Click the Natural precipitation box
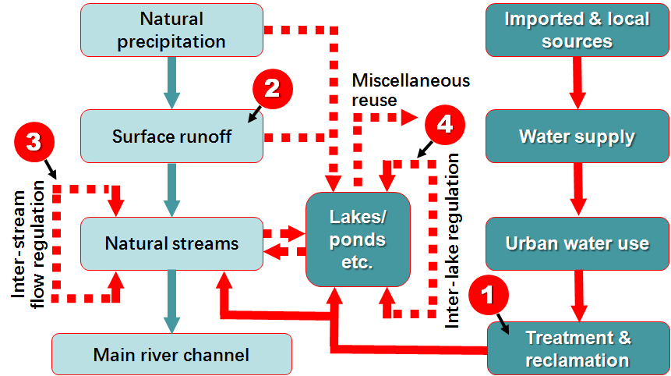tap(171, 30)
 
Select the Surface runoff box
tap(171, 137)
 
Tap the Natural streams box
tap(171, 243)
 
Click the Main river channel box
tap(171, 354)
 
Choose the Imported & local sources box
tap(577, 30)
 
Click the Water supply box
tap(577, 137)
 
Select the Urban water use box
tap(577, 243)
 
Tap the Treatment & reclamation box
tap(577, 349)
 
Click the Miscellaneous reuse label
tap(411, 90)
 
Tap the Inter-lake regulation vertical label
tap(452, 238)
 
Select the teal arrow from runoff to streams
tap(171, 190)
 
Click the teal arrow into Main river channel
tap(171, 301)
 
